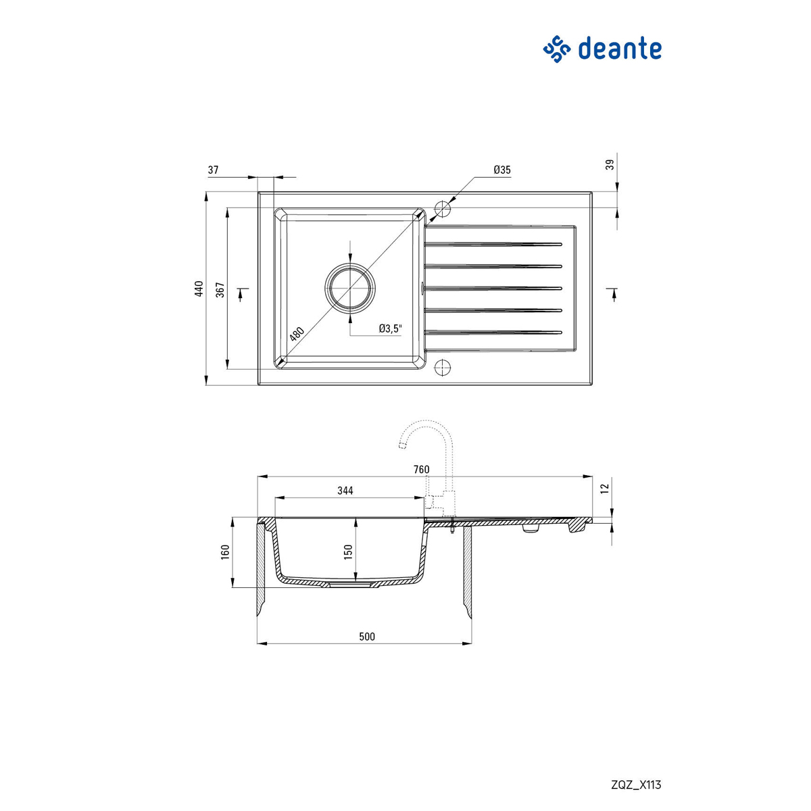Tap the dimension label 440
coord(199,289)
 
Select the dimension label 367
coord(220,289)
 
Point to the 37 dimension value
coord(213,170)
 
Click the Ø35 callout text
coord(501,170)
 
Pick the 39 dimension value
coord(610,164)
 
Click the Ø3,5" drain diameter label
coord(390,328)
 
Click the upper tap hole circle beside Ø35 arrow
coord(442,209)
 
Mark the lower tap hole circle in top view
coord(442,367)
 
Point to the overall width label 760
coord(420,470)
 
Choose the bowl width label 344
coord(345,491)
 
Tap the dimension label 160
coord(226,552)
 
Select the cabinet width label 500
coord(366,636)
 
